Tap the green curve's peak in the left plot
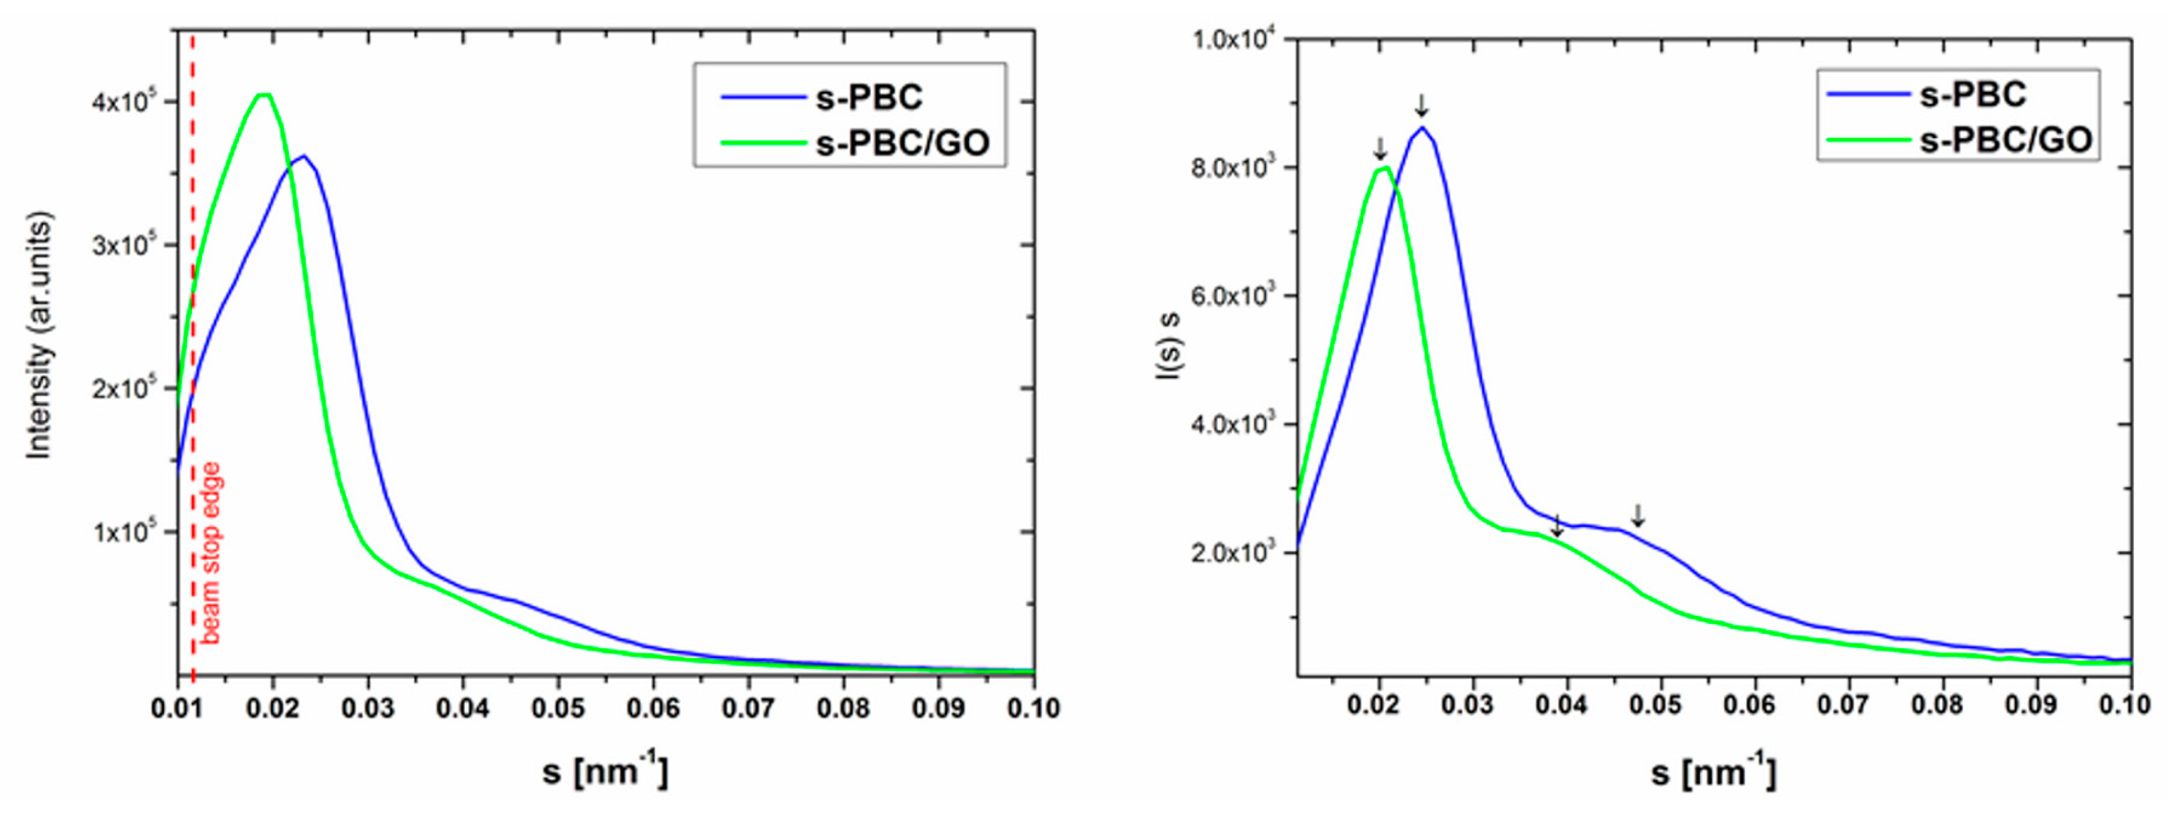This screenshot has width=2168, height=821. point(264,94)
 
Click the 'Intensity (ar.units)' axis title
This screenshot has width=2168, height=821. point(40,336)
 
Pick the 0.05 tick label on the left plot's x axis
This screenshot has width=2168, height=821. point(557,709)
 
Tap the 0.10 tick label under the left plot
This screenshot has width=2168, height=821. point(1032,709)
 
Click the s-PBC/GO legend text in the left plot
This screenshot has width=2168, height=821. point(903,144)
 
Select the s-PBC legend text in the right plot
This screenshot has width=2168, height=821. point(1972,94)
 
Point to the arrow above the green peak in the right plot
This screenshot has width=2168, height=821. point(1379,148)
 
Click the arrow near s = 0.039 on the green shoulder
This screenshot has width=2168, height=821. point(1557,526)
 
